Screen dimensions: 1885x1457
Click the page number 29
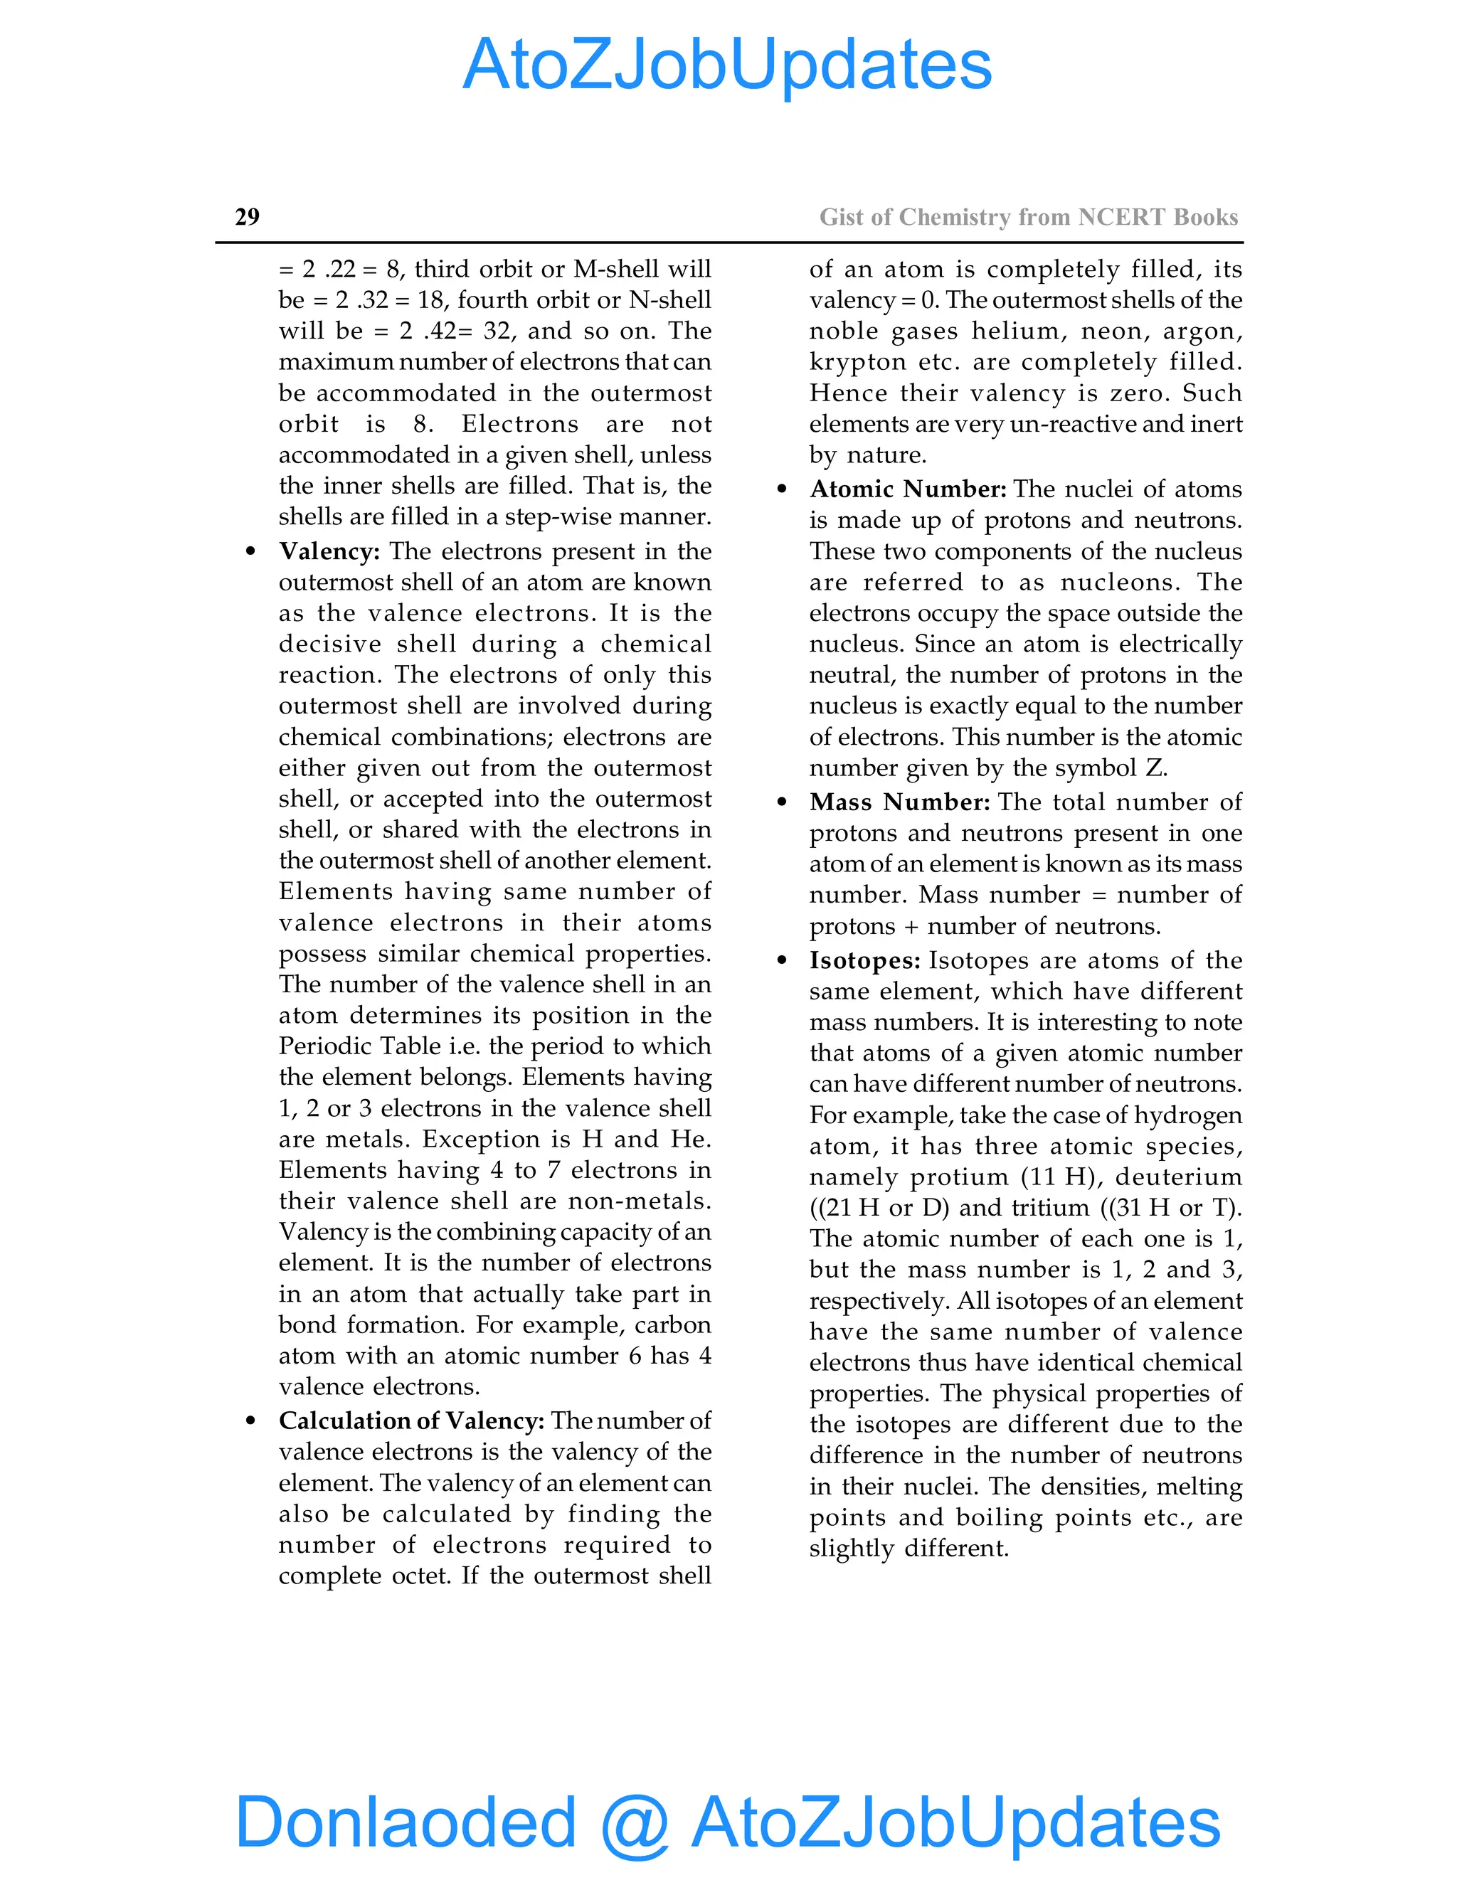click(x=247, y=217)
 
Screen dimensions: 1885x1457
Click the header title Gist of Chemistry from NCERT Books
click(x=1028, y=217)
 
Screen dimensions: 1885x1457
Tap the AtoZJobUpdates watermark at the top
click(x=727, y=65)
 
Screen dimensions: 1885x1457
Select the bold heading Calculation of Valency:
click(x=411, y=1421)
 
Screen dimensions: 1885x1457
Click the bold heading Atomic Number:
click(x=907, y=489)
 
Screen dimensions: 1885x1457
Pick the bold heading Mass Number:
click(x=899, y=802)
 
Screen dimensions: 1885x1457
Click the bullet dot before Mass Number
click(x=782, y=802)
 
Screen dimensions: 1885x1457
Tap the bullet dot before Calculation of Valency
click(x=250, y=1421)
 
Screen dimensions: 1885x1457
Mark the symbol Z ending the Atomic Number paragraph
click(x=1154, y=768)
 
